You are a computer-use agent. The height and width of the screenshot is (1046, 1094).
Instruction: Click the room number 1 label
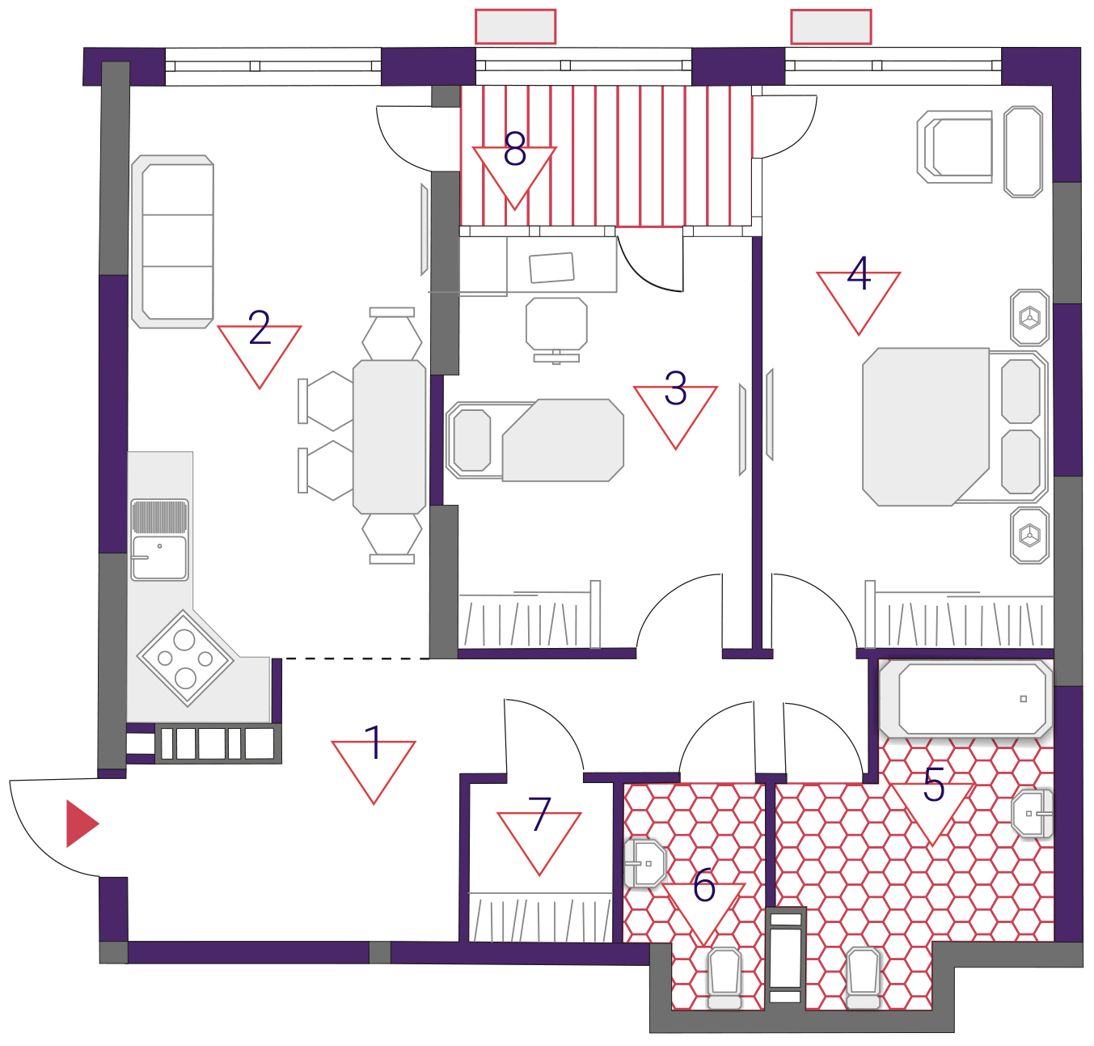374,743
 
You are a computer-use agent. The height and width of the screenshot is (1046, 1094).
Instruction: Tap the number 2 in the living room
260,327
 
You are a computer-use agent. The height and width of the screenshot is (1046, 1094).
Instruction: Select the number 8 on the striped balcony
515,149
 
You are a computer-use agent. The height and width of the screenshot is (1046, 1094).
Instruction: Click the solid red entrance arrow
82,824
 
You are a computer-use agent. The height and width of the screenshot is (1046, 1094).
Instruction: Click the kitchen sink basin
159,557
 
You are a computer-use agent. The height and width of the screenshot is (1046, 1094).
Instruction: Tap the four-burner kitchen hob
185,659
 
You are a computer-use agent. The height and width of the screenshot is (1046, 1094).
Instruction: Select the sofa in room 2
172,242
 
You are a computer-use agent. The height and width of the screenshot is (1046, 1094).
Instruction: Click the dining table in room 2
389,437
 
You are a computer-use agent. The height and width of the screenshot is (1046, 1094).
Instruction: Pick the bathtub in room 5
966,699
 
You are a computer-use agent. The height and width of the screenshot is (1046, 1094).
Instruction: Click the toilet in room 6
724,979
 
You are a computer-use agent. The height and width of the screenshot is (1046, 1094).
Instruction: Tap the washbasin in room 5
1033,813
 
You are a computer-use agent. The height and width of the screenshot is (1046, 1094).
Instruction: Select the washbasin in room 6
645,863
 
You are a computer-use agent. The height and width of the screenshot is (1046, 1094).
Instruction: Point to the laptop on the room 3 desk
551,268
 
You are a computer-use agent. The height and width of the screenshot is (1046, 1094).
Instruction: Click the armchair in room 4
955,146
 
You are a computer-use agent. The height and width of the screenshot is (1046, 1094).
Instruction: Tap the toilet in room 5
863,979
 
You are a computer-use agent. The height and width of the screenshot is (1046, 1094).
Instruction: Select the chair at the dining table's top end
392,333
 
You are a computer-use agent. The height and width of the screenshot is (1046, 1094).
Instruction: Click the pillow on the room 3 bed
472,440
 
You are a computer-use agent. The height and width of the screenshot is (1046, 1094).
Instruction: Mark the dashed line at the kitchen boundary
355,659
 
